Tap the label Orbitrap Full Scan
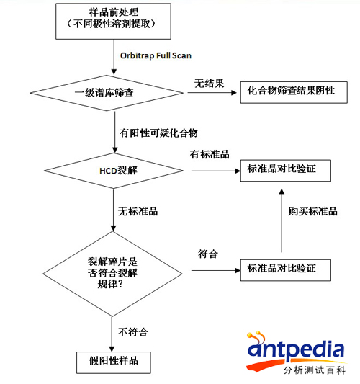(x=156, y=56)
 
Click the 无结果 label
(x=210, y=84)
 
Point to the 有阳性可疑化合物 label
(x=158, y=133)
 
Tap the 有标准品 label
(x=210, y=154)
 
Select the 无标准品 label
(x=138, y=211)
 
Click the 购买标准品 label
(x=312, y=211)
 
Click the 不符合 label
(x=133, y=332)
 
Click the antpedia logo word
(x=296, y=349)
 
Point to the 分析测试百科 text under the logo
(x=315, y=370)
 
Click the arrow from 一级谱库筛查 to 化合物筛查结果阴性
(x=212, y=92)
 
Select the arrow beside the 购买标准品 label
(x=282, y=220)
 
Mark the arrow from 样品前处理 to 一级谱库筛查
(x=114, y=57)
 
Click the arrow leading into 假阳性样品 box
(x=112, y=334)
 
